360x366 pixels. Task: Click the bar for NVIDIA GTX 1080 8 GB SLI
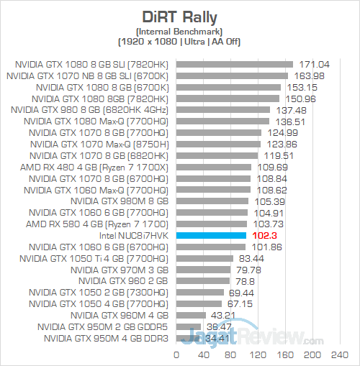(235, 64)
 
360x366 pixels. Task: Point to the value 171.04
(311, 64)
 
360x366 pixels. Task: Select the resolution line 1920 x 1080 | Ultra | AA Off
(179, 41)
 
